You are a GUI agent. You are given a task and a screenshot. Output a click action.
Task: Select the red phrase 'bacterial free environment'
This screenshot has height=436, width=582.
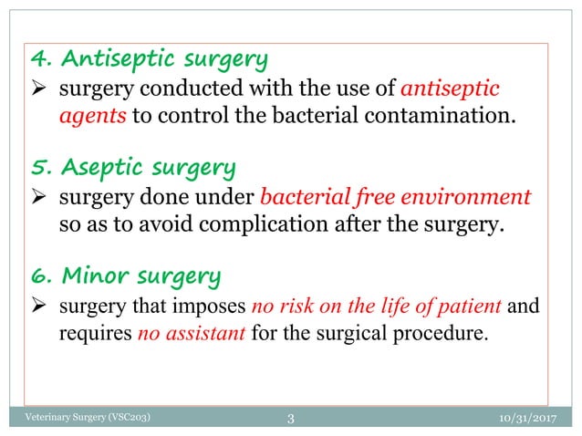click(x=395, y=198)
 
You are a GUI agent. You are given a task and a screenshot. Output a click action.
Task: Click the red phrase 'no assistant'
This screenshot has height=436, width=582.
click(x=192, y=332)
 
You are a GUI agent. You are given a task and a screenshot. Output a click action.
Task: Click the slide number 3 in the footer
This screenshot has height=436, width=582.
click(x=290, y=419)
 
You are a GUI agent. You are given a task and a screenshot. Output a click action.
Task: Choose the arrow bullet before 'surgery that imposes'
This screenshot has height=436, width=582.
click(x=41, y=306)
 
